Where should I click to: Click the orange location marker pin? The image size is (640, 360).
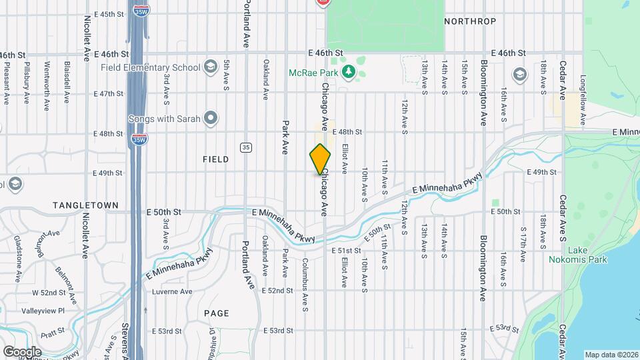tap(320, 159)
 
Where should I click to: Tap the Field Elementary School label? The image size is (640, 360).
tap(151, 67)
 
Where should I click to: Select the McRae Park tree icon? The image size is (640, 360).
tap(347, 71)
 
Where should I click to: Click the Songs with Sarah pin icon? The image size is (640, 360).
tap(211, 119)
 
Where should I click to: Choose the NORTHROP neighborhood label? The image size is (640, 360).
tap(470, 21)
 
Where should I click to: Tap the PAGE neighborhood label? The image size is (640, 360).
tap(217, 313)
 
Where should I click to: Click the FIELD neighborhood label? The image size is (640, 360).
tap(215, 159)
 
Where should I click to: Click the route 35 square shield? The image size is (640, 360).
tap(246, 147)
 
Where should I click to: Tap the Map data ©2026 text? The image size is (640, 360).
tap(611, 355)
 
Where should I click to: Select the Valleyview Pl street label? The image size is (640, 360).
tap(43, 311)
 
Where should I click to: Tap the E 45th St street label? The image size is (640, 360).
tap(109, 13)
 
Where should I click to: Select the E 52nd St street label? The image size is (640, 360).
tap(277, 291)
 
